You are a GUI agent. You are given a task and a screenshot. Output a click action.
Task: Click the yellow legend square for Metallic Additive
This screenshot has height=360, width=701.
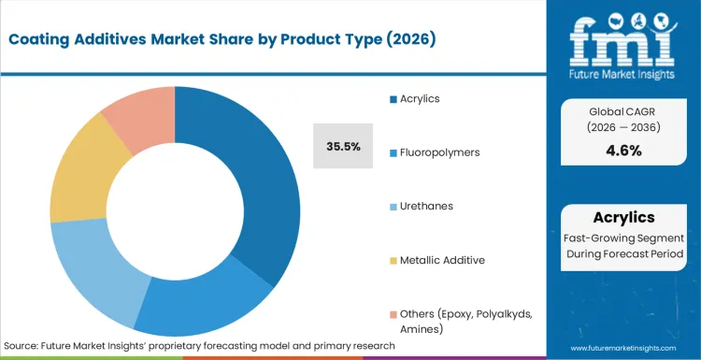(x=393, y=260)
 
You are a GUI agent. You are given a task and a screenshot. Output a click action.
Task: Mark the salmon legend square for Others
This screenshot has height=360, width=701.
(x=393, y=313)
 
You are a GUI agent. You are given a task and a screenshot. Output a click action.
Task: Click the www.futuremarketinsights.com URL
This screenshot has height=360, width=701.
(x=622, y=347)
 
